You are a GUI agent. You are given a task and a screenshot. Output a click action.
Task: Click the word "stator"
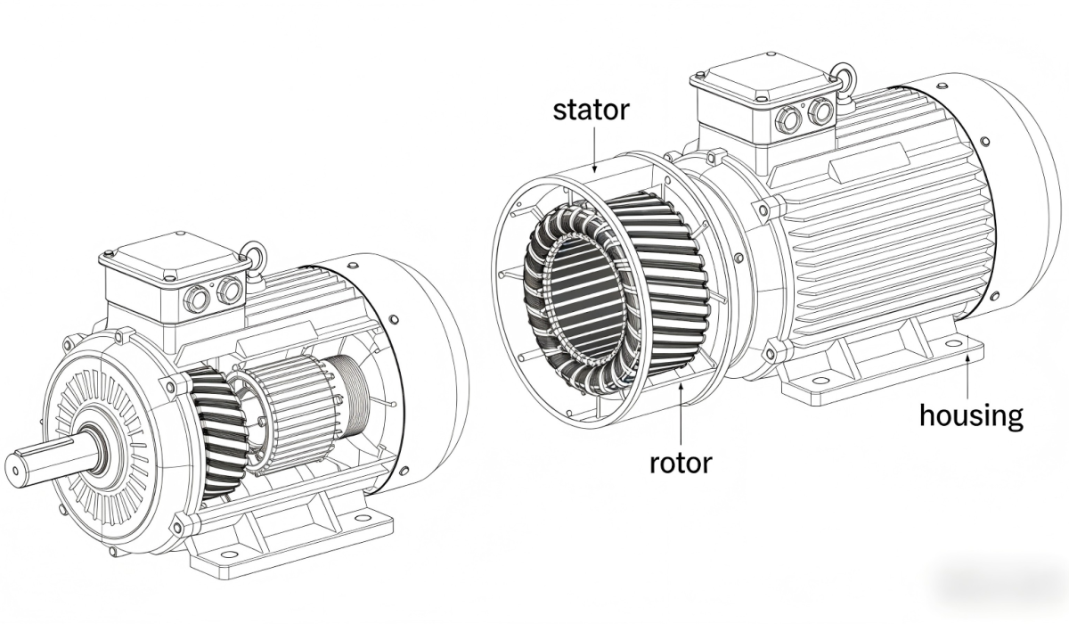591,111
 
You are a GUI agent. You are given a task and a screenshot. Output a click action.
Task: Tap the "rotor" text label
680,463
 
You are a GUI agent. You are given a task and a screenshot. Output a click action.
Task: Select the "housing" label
971,415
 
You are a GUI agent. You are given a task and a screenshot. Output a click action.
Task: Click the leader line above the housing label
968,374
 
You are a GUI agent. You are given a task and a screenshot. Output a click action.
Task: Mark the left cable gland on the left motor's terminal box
196,300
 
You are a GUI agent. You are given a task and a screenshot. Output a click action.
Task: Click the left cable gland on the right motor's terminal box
787,119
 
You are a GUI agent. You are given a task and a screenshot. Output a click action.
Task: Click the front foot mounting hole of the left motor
229,554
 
